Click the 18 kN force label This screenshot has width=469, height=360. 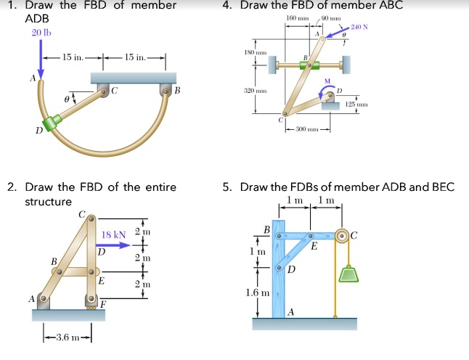click(113, 234)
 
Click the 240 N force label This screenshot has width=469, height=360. click(359, 27)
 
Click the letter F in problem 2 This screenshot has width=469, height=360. click(105, 303)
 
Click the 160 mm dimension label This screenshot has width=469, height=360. click(294, 17)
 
